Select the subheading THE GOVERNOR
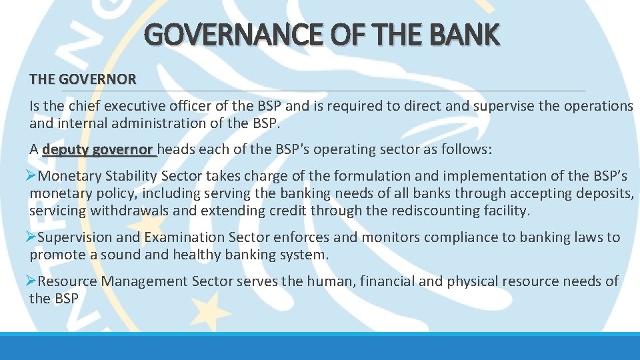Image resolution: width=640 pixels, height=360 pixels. tap(83, 79)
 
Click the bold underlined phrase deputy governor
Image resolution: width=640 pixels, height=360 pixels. tap(98, 150)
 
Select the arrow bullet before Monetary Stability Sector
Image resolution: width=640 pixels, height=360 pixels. tap(31, 175)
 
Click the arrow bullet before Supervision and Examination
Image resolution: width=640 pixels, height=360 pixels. tap(31, 237)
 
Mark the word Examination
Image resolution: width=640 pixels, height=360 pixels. tap(184, 237)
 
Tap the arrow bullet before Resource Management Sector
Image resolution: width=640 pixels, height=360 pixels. tap(31, 281)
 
